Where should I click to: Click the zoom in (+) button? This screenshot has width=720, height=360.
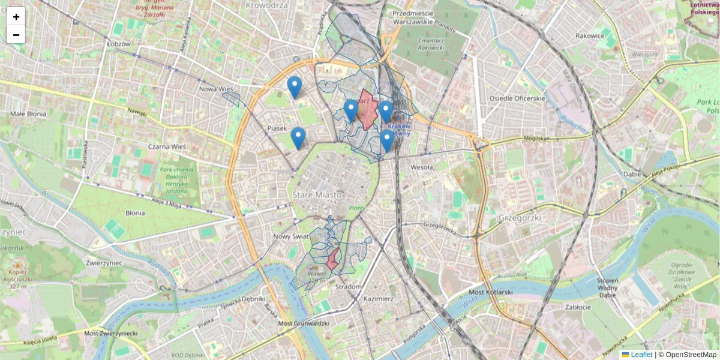(16, 17)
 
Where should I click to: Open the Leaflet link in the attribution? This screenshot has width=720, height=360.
(641, 355)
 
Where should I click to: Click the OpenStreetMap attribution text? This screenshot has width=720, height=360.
(691, 355)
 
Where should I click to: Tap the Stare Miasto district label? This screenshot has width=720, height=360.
(317, 195)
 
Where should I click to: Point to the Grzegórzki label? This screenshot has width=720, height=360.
(517, 218)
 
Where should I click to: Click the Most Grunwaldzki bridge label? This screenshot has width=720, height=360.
(304, 323)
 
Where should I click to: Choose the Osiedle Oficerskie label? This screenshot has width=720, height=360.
(517, 98)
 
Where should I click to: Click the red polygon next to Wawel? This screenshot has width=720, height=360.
(332, 259)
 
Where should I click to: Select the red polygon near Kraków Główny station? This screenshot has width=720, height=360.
(367, 109)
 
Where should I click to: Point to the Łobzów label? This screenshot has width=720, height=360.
(118, 44)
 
